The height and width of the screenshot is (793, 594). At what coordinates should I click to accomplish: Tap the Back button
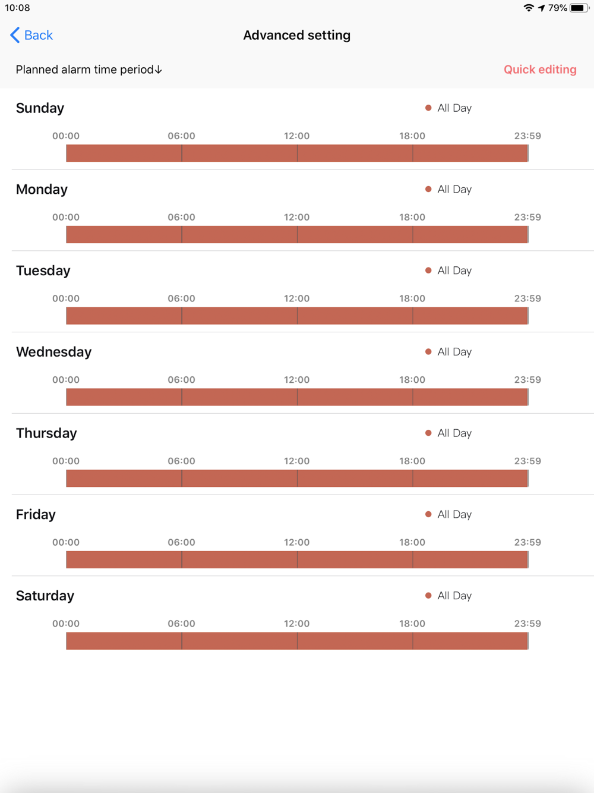coord(32,35)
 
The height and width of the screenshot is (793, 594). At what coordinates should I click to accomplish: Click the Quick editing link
coord(540,70)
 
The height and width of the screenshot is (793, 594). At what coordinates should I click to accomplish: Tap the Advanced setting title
coord(296,35)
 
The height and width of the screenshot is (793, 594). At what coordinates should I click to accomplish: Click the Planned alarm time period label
coord(89,70)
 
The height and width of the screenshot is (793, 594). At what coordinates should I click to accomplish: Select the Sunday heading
coord(40,108)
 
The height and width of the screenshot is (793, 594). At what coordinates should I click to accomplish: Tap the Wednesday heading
coord(53,352)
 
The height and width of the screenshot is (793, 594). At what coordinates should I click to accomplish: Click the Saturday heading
coord(45,596)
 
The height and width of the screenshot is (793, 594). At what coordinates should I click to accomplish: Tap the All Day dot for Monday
coord(428,189)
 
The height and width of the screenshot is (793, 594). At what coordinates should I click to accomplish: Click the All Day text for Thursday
coord(454,433)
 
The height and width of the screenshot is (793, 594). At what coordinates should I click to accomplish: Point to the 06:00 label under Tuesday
coord(181,298)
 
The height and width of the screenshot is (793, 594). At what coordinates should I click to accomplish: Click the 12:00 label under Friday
coord(296,542)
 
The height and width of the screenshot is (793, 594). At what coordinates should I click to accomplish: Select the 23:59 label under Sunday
coord(527,136)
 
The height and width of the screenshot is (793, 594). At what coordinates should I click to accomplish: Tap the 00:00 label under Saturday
coord(66,624)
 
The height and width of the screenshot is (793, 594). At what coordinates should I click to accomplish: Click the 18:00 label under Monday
coord(412,217)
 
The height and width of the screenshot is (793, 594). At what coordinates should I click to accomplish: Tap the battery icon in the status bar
coord(579,8)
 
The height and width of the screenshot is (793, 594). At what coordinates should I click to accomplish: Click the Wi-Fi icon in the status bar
coord(528,8)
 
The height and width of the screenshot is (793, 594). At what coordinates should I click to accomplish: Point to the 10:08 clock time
coord(17,8)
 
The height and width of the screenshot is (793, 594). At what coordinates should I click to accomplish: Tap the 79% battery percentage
coord(557,8)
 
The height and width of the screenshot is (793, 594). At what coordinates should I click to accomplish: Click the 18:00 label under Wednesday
coord(412,380)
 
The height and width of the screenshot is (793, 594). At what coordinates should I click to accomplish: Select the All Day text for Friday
coord(454,515)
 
